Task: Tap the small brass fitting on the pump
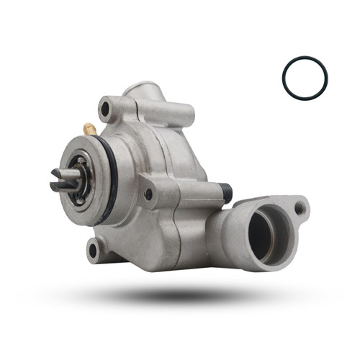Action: point(90,129)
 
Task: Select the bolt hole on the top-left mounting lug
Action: point(106,109)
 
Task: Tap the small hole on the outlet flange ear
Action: point(300,209)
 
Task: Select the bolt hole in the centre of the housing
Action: point(149,194)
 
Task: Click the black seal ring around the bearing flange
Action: point(112,180)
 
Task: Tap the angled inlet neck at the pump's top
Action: point(144,94)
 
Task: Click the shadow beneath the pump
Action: point(180,295)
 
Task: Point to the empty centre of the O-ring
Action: point(305,78)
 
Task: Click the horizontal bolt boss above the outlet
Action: point(187,192)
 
